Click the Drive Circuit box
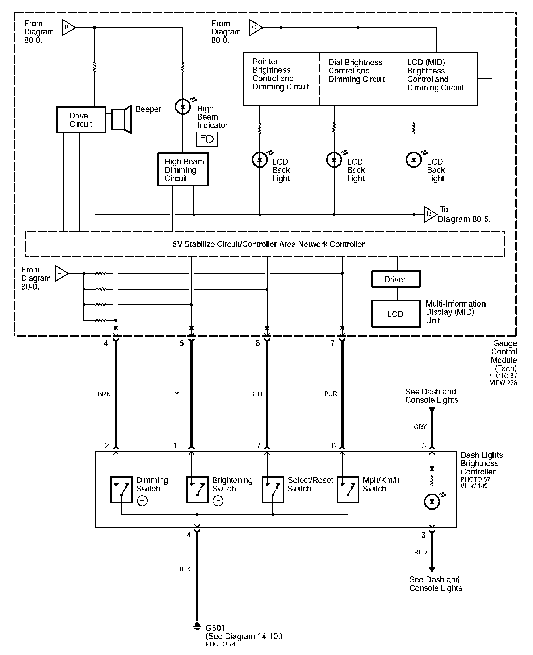[81, 119]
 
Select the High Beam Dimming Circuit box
[183, 169]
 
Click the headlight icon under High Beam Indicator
[207, 139]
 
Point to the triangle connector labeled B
[68, 28]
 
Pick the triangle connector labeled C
[255, 28]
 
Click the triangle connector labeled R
[430, 215]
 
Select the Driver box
[396, 279]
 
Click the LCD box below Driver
[396, 314]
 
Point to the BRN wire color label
[104, 394]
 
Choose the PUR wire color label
[331, 393]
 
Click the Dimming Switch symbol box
[121, 490]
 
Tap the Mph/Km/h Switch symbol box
[348, 490]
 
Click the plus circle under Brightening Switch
[218, 501]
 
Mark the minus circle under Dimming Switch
[142, 501]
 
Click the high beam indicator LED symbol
[182, 106]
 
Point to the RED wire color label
[420, 552]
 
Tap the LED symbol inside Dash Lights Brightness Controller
[432, 502]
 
